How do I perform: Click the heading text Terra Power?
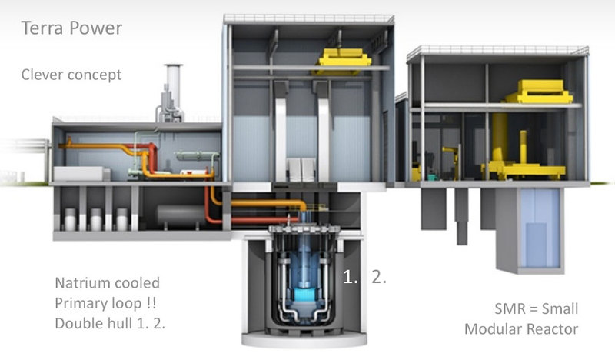click(x=71, y=28)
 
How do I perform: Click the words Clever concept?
click(x=71, y=75)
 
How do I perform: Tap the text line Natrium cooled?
click(x=107, y=282)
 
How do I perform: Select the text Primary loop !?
click(x=105, y=304)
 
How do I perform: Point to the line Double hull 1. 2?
click(x=110, y=324)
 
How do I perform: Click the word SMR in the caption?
click(x=510, y=308)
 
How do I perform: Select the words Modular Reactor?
click(x=521, y=329)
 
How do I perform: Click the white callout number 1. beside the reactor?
click(x=351, y=277)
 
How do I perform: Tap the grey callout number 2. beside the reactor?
click(x=379, y=277)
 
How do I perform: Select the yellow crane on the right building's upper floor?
click(x=539, y=92)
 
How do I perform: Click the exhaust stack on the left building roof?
click(x=172, y=93)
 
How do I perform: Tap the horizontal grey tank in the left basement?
click(x=181, y=215)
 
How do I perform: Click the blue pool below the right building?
click(x=540, y=228)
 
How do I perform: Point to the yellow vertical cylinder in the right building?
click(x=499, y=138)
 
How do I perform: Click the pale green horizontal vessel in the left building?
click(x=198, y=156)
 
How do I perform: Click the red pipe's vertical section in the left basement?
click(x=208, y=202)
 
